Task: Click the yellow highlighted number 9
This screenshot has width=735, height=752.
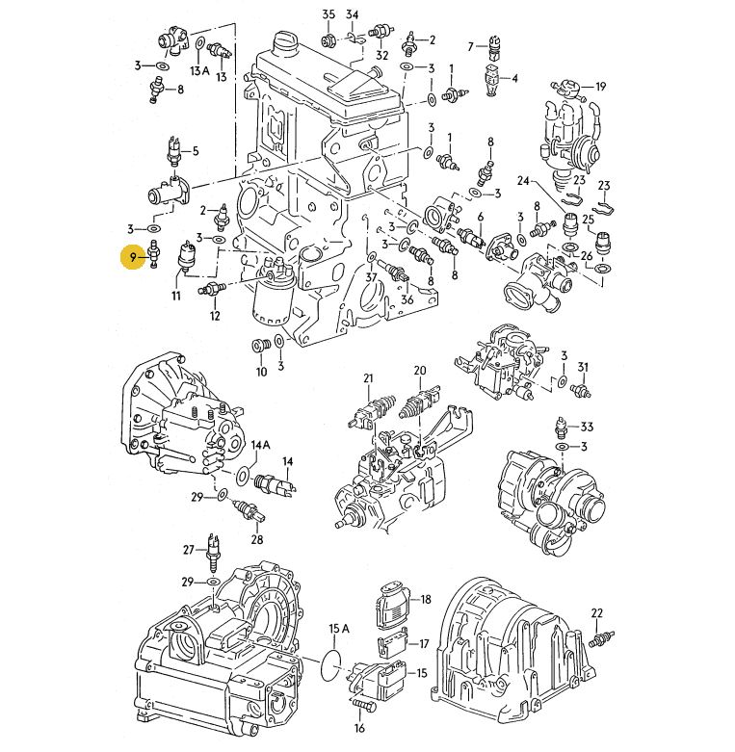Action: point(133,257)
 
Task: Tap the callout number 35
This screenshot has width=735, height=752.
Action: point(328,14)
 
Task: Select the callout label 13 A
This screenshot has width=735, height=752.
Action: point(199,71)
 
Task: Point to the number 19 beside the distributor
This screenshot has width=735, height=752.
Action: point(601,87)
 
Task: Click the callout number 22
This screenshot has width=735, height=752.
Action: point(596,613)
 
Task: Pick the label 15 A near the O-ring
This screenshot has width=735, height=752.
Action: point(339,628)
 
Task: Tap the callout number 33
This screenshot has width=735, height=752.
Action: point(587,427)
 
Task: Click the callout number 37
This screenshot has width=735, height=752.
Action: point(371,277)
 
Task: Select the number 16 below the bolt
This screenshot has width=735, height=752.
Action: point(359,729)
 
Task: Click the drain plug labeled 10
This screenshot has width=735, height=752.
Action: point(259,345)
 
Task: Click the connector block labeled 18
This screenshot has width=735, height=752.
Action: point(392,605)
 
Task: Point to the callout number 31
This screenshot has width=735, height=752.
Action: point(583,367)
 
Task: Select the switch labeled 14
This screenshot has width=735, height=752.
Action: point(275,482)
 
